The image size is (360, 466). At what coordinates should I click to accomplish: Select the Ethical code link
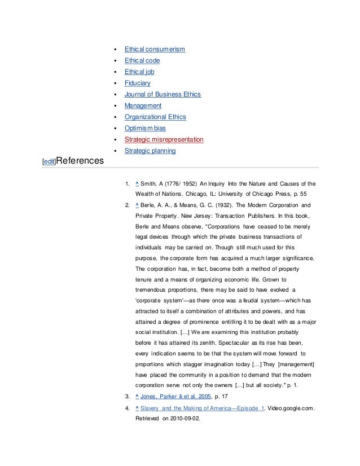tap(142, 61)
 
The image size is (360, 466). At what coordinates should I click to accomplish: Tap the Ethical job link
tap(140, 72)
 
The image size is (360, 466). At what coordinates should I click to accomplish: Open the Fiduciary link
tap(138, 83)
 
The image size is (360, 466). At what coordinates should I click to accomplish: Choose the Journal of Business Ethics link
tap(163, 94)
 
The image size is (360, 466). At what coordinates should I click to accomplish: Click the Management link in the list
tap(143, 105)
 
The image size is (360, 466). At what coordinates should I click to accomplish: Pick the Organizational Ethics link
tap(155, 117)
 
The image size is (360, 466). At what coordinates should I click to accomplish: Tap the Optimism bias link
tap(146, 128)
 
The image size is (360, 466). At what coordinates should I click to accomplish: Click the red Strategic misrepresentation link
tap(164, 139)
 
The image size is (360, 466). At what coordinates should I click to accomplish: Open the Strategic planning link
tap(150, 151)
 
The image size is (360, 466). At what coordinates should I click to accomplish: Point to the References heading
tap(79, 160)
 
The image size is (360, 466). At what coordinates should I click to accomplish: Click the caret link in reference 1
tap(138, 184)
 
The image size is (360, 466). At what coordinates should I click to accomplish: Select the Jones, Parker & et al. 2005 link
tap(175, 397)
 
